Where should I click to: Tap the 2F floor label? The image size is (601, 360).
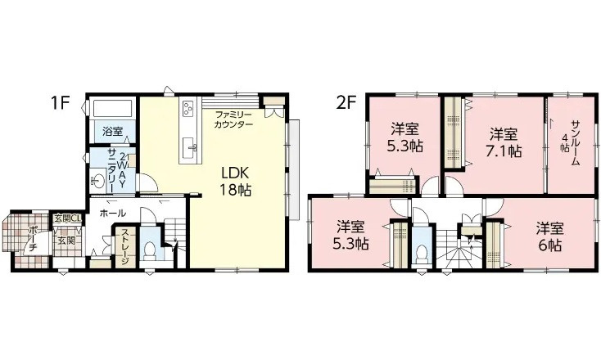point(345,104)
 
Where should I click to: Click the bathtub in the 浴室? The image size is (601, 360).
point(112,110)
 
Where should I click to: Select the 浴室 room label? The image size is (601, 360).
point(112,132)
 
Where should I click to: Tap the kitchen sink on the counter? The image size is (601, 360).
point(188,147)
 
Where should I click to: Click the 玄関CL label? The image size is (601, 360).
point(66,218)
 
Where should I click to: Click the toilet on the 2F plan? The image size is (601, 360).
point(420,253)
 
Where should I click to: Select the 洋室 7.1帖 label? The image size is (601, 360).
point(504,142)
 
